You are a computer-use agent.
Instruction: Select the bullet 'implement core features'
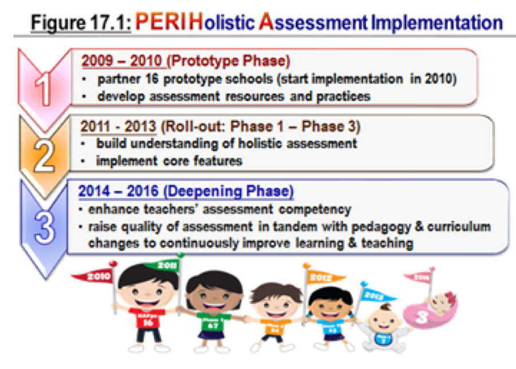(x=169, y=161)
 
